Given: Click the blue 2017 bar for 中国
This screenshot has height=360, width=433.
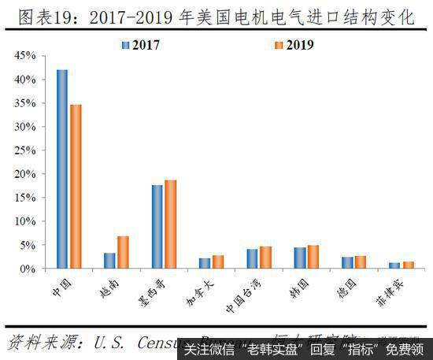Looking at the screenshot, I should click(61, 169).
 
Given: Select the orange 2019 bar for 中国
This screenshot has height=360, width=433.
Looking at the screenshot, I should click(75, 186).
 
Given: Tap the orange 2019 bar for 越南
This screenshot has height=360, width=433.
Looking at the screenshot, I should click(122, 252).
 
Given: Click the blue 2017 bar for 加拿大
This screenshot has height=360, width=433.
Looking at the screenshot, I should click(205, 263).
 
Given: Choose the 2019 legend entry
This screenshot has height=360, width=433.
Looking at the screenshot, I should click(292, 44).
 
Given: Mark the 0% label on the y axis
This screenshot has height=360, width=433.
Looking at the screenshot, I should click(28, 269).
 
